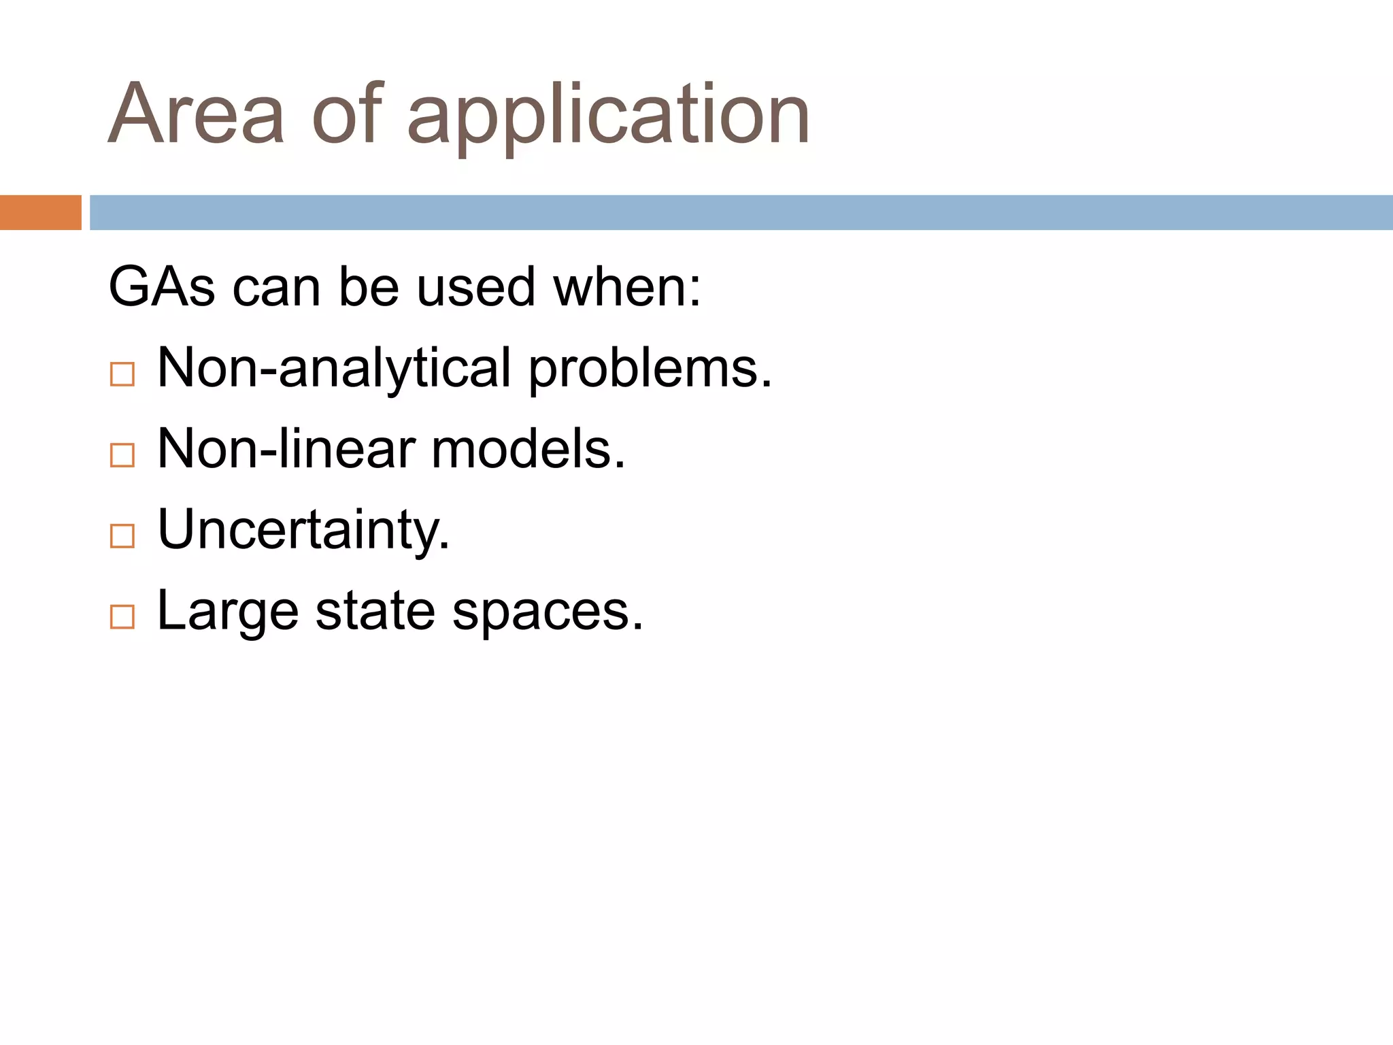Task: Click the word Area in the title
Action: (196, 114)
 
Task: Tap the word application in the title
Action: (608, 117)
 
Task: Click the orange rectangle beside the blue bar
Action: (40, 213)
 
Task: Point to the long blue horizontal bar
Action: (741, 213)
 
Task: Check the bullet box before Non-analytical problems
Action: (122, 374)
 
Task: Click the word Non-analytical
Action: (334, 369)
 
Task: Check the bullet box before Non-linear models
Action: (122, 455)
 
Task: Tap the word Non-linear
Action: (286, 449)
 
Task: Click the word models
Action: (528, 449)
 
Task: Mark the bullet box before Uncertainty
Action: (122, 536)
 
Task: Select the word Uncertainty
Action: (303, 531)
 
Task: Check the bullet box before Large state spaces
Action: (122, 617)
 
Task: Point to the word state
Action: (375, 611)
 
